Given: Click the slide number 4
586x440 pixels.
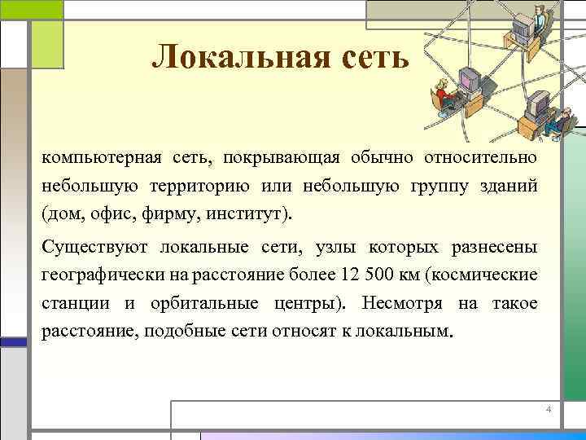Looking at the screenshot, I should [x=548, y=408].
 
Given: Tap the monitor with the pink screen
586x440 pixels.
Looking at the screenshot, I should [x=469, y=79].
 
